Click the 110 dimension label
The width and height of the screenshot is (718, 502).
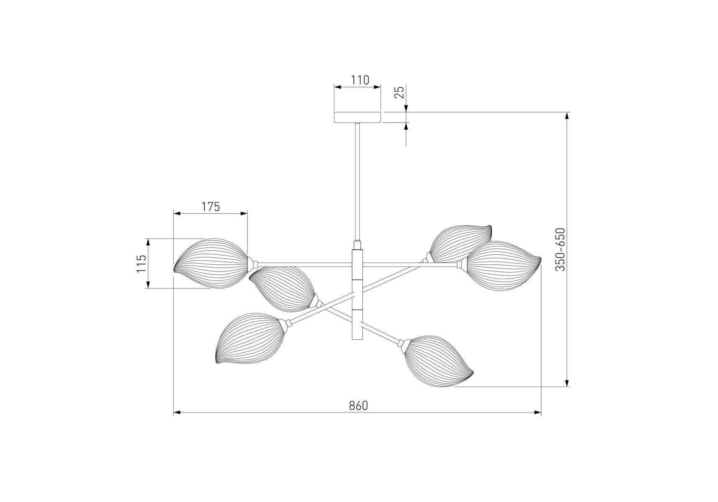360,80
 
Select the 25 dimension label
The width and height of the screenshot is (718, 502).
399,92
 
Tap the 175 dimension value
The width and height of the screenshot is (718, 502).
211,207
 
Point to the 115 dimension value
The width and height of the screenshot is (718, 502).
142,264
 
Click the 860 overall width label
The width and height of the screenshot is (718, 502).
358,405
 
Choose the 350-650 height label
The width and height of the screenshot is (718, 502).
560,249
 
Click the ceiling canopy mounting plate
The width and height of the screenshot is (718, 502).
358,117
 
